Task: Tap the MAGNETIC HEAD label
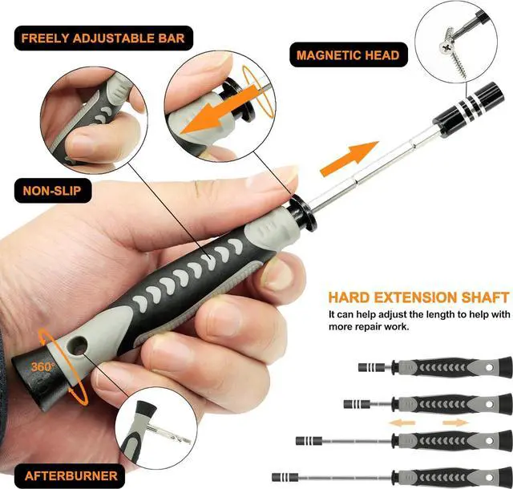pos(348,55)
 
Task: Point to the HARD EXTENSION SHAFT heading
pos(418,297)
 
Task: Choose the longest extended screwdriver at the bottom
pos(393,475)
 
